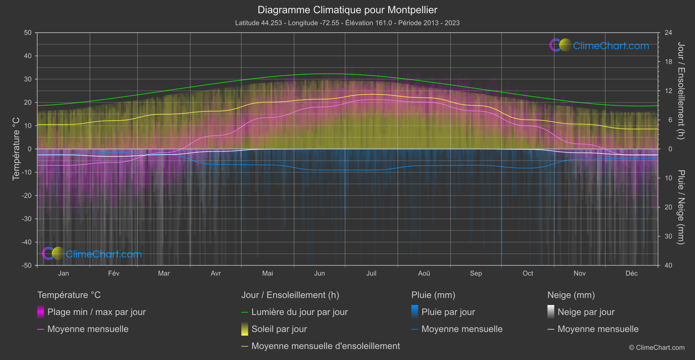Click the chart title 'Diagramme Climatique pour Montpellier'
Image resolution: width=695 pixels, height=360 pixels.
[x=347, y=10]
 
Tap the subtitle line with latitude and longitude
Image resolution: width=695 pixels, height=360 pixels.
[x=347, y=23]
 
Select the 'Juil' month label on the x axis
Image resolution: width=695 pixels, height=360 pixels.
[x=371, y=273]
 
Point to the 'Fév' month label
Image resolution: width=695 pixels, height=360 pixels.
[x=113, y=273]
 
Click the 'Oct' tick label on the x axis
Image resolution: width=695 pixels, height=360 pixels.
[x=527, y=273]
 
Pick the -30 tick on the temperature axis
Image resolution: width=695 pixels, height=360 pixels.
[x=27, y=219]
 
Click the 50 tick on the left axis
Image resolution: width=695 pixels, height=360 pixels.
[x=28, y=33]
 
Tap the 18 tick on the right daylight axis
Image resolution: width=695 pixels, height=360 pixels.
[x=668, y=62]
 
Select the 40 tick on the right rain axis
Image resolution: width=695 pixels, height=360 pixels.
[x=668, y=265]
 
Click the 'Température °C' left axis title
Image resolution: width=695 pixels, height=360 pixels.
[x=16, y=149]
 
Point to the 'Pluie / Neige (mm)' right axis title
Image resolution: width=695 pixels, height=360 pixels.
[x=681, y=207]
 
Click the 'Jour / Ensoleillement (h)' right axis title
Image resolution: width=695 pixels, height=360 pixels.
[x=681, y=91]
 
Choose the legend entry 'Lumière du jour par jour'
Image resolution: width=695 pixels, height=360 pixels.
[x=299, y=312]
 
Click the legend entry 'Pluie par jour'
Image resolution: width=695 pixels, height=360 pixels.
[x=448, y=312]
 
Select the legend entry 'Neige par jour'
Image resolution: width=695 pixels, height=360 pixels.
[x=585, y=312]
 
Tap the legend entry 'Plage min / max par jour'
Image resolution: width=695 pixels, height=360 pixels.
[x=96, y=312]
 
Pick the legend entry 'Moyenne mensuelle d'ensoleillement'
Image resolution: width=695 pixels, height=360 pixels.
[x=325, y=346]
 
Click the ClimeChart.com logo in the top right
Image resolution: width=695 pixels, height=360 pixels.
[x=599, y=45]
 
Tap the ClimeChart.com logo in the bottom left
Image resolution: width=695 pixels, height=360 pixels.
[x=92, y=254]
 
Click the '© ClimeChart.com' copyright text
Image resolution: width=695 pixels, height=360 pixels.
[x=657, y=348]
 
